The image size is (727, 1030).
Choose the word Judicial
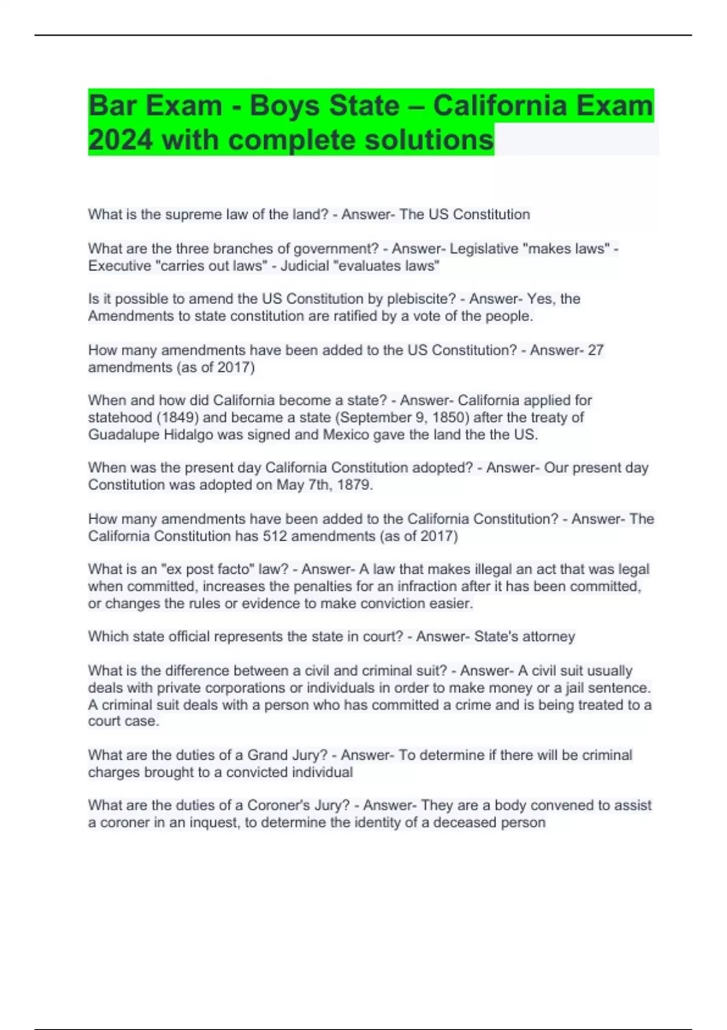[304, 266]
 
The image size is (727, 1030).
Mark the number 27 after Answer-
[596, 350]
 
